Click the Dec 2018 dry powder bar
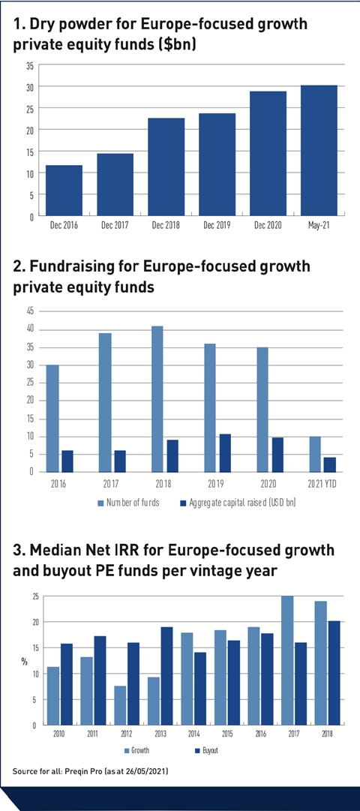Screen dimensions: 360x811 (166, 167)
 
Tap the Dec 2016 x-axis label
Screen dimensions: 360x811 (64, 226)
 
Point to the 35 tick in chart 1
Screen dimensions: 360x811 (29, 66)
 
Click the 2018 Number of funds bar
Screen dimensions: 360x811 (157, 399)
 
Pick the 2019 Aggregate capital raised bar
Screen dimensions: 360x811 (225, 453)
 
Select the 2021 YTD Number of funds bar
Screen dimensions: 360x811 (314, 454)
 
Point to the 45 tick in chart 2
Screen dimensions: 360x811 (29, 311)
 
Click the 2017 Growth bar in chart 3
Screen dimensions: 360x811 (287, 660)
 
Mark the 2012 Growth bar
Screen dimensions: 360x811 (120, 705)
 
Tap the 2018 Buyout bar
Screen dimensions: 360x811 (334, 673)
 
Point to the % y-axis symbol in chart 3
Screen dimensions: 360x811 (24, 661)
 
